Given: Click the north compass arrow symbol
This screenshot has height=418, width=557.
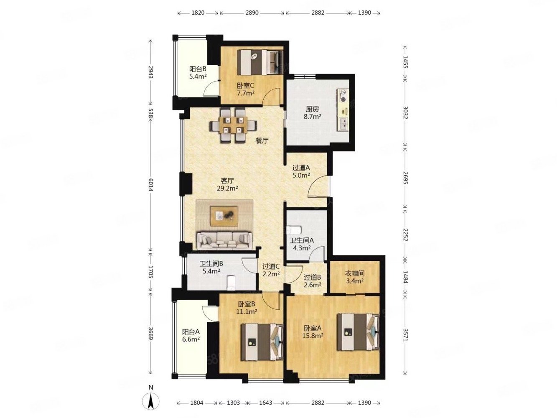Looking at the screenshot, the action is (151, 403).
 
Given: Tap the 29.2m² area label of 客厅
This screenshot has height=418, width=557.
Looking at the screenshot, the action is (228, 189).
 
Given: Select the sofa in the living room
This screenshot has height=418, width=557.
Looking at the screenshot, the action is (224, 240).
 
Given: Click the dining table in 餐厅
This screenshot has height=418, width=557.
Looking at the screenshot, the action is (233, 125).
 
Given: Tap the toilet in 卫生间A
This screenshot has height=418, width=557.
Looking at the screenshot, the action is (294, 229).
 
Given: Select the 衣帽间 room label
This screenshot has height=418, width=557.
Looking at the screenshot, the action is (355, 273).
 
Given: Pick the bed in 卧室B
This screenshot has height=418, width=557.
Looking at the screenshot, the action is (262, 342).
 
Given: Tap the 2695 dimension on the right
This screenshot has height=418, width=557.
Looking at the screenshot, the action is (405, 178).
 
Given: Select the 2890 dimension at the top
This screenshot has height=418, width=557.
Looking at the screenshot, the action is (252, 13).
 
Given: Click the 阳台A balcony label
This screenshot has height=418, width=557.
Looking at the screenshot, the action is (191, 332).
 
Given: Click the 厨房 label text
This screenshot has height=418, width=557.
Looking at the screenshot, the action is (312, 109).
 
